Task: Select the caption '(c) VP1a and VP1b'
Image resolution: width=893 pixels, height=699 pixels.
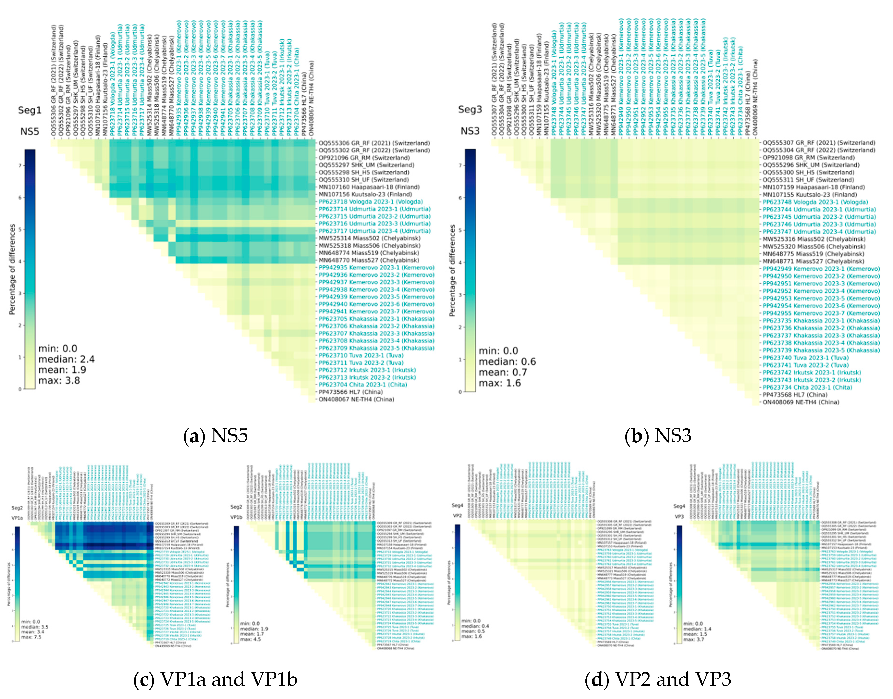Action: (215, 679)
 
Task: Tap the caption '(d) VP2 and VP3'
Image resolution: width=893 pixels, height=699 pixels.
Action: (658, 679)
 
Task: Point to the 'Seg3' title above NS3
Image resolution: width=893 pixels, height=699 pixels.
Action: (470, 110)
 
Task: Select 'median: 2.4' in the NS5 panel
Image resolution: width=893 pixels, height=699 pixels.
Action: (66, 359)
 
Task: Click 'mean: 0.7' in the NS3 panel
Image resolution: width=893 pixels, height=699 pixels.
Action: (503, 372)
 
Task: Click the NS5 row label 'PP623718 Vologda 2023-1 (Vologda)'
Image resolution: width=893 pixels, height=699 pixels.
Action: (371, 202)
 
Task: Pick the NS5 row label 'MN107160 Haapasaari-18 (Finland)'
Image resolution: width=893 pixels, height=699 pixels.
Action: (369, 187)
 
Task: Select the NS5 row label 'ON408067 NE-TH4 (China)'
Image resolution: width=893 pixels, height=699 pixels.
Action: (356, 399)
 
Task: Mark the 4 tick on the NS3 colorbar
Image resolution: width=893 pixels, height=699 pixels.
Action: (460, 262)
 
